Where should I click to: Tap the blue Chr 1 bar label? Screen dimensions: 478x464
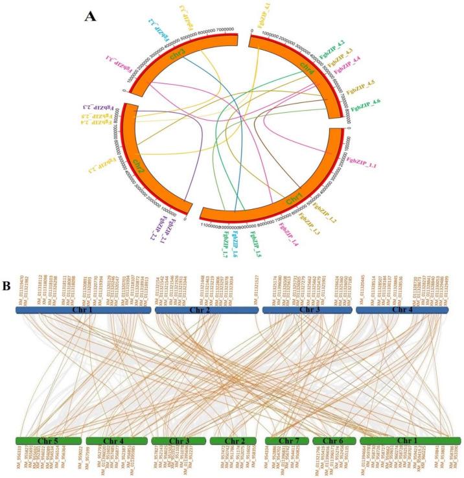tap(84, 312)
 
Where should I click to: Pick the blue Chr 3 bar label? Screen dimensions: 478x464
tap(306, 312)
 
